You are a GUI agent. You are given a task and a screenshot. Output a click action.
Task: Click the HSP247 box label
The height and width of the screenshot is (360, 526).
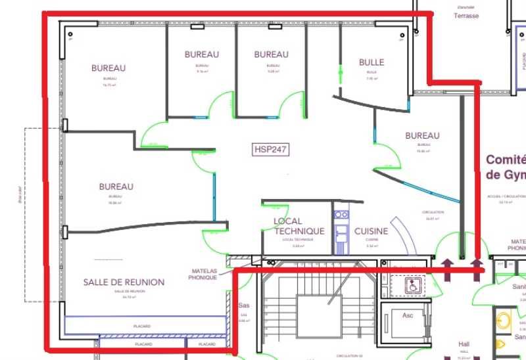coord(271,149)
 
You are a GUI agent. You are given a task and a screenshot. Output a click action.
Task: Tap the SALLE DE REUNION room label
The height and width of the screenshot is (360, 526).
coord(124,282)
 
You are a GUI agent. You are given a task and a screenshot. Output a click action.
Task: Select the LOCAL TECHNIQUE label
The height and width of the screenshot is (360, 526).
coord(299,226)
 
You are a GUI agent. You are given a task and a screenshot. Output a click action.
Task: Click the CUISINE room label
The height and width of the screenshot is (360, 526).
coord(371,231)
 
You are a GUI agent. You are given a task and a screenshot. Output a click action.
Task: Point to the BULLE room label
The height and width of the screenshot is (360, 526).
coord(371,62)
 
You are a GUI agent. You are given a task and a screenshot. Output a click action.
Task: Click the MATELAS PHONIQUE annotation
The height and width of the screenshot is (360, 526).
coord(203,274)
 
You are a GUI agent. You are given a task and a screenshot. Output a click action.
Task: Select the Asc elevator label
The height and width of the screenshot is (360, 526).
coord(408,315)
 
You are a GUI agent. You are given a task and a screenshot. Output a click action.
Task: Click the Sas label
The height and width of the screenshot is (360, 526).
coord(243,305)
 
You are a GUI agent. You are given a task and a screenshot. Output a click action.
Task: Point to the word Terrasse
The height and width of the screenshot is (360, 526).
coord(466,16)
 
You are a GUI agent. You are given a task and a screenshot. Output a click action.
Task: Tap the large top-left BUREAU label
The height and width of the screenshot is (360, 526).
coord(108,68)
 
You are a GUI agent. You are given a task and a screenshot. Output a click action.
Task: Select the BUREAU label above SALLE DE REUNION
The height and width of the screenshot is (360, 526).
coord(116,187)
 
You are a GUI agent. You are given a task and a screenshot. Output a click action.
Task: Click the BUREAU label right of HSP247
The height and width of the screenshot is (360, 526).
coord(422,136)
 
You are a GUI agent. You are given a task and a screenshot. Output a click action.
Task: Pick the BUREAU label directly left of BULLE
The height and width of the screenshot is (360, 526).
coord(271,54)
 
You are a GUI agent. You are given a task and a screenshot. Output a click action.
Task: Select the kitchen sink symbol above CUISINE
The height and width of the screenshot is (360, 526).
coord(341,214)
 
